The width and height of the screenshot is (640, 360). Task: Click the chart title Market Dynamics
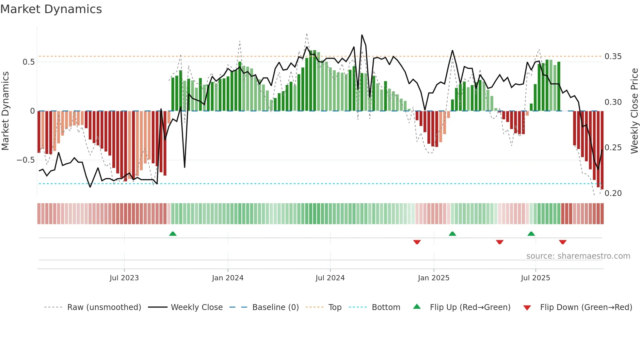click(x=51, y=9)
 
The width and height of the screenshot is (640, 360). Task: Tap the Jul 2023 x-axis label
click(x=124, y=278)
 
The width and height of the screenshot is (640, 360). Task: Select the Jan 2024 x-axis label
click(x=228, y=278)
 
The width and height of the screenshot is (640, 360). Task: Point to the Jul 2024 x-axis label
click(x=330, y=278)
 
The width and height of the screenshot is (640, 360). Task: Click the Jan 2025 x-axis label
click(x=434, y=278)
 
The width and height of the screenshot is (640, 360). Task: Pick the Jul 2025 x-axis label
click(x=536, y=278)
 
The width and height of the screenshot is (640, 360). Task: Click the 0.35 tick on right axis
click(x=613, y=57)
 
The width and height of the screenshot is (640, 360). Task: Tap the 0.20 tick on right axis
click(x=613, y=193)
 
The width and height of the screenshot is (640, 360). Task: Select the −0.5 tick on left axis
click(x=26, y=160)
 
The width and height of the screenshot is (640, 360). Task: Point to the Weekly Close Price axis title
click(x=634, y=111)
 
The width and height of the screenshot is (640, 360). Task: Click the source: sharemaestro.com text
click(x=578, y=256)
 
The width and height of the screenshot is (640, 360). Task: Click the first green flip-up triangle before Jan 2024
click(x=173, y=234)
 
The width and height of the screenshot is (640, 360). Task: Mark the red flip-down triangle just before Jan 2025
click(x=417, y=242)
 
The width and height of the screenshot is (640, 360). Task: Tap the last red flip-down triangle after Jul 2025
click(x=563, y=242)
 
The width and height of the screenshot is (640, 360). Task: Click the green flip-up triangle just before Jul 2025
click(x=531, y=234)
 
